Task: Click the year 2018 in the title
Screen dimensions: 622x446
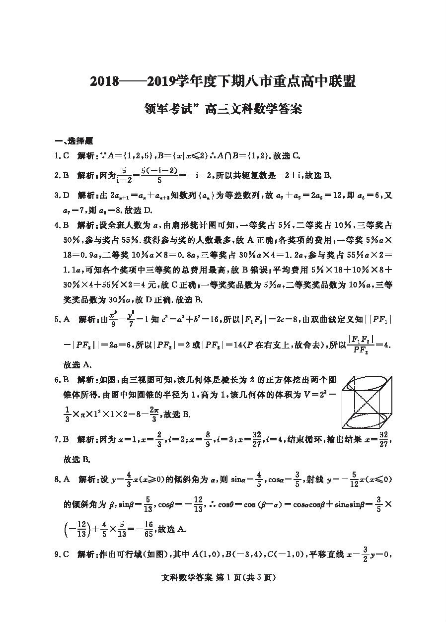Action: (104, 82)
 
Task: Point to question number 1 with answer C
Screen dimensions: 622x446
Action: (62, 156)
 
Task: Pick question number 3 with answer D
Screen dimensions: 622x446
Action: (62, 196)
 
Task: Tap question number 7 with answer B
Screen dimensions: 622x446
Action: (62, 439)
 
